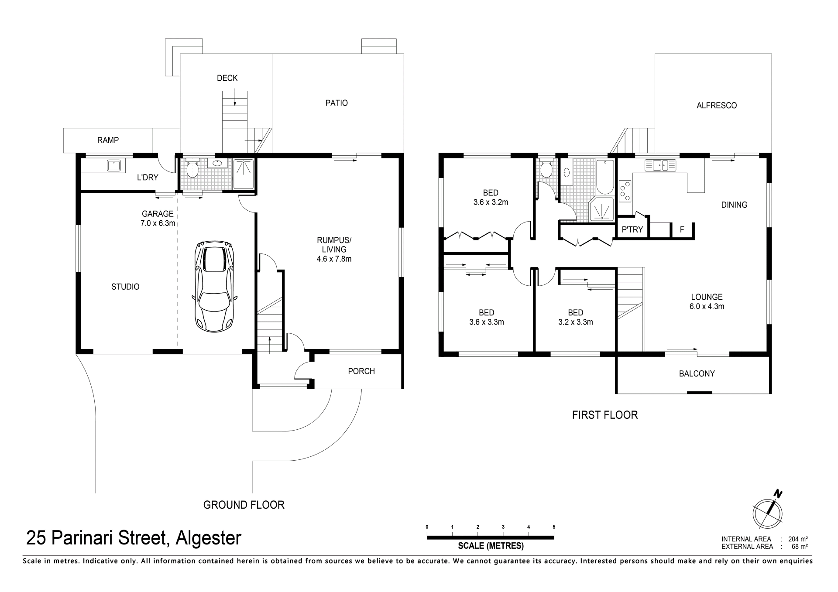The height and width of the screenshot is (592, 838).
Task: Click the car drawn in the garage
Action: point(214,286)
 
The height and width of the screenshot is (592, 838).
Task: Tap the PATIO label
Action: point(337,103)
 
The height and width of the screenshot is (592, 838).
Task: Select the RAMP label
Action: point(108,140)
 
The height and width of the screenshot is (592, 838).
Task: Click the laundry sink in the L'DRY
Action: point(114,165)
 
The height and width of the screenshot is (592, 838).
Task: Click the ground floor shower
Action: point(244,174)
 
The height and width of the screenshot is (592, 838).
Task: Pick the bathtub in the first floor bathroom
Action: point(604,177)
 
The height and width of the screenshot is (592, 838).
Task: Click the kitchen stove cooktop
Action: point(625,191)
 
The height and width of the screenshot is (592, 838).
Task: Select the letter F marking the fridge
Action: point(682,229)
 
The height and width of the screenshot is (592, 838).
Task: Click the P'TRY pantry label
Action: point(632,229)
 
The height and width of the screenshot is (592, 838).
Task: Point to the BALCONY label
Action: point(697,373)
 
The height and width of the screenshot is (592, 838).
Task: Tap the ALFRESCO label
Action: point(717,105)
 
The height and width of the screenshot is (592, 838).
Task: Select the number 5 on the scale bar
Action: point(554,527)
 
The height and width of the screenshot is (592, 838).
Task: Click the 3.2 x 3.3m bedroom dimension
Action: point(575,322)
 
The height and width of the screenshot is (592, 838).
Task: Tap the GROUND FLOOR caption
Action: point(244,505)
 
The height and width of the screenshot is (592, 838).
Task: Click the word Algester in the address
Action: point(208,538)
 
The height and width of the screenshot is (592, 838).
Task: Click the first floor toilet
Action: point(546,168)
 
